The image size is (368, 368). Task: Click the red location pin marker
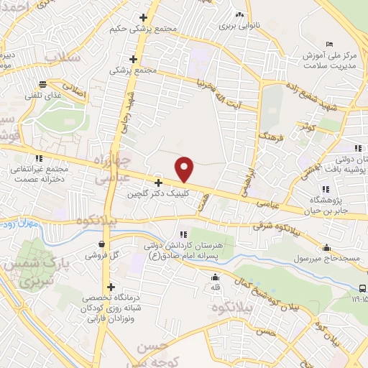click(185, 169)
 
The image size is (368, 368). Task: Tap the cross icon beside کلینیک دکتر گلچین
click(158, 183)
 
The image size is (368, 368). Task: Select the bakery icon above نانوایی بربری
click(239, 14)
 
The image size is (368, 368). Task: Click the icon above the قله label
click(214, 278)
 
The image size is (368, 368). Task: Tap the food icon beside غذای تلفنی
click(43, 83)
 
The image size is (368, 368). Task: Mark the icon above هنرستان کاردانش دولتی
click(185, 234)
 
